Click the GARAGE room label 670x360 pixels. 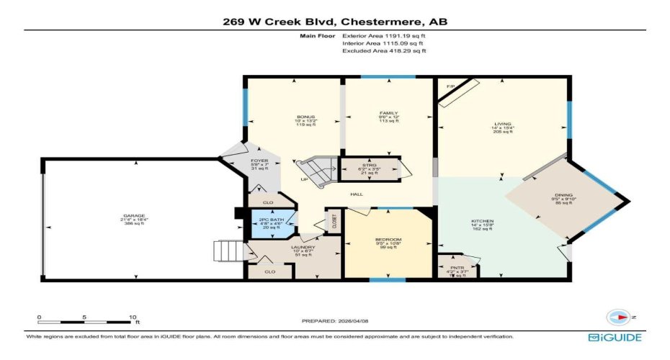point(134,216)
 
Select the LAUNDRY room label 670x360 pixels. point(303,247)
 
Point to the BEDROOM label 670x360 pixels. point(388,239)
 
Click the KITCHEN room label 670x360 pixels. point(482,221)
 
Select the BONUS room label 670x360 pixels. point(306,117)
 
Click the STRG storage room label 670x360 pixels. point(370,165)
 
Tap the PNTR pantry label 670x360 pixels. point(457,268)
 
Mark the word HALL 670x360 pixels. point(356,194)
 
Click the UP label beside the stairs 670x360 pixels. point(305,179)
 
